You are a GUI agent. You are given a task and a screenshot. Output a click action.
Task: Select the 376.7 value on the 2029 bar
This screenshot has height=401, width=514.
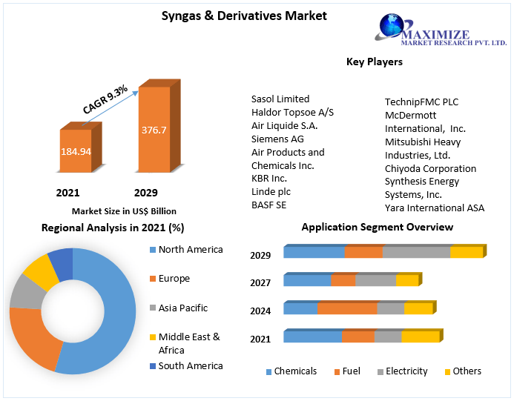154,130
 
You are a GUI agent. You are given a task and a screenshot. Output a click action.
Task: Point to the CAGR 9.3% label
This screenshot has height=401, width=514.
105,99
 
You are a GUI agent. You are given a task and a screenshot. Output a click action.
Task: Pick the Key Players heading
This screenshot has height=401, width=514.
374,62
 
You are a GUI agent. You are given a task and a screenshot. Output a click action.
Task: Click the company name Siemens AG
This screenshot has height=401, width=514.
277,139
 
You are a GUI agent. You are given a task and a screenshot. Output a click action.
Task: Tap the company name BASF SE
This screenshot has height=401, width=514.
268,205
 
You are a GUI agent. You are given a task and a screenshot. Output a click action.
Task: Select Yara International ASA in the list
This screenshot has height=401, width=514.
434,208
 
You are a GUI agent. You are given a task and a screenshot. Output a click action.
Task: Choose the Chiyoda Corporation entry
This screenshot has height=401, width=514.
430,168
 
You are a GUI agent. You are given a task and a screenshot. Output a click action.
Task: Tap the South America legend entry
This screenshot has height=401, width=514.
190,365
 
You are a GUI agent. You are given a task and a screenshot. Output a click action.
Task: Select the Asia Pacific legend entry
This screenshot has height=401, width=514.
182,308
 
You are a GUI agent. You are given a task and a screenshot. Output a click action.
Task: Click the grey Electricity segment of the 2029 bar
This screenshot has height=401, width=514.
416,252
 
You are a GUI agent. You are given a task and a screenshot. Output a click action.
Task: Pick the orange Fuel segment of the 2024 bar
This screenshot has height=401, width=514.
346,308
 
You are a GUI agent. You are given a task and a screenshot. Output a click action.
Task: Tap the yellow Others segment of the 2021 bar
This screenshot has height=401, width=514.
421,337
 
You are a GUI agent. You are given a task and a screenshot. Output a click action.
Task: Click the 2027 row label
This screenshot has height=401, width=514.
260,282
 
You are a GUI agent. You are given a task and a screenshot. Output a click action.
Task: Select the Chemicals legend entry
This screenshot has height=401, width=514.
294,371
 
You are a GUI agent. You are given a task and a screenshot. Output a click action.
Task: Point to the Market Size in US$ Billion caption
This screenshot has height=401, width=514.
125,211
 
